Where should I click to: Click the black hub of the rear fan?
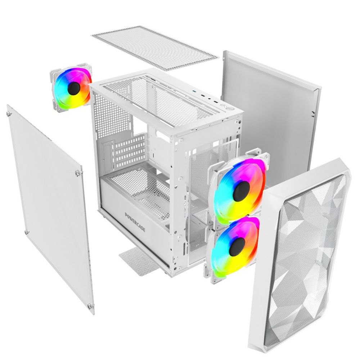click(74, 88)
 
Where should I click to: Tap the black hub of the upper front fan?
click(241, 191)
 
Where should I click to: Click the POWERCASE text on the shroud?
click(135, 222)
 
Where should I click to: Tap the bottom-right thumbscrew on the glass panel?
click(90, 306)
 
